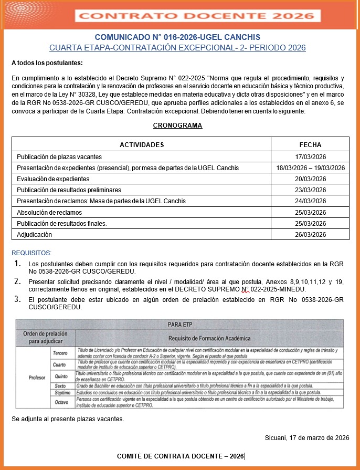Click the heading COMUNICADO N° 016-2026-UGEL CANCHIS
pyautogui.click(x=177, y=37)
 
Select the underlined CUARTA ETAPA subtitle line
pyautogui.click(x=177, y=48)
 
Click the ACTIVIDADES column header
pyautogui.click(x=142, y=145)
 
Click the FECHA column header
pyautogui.click(x=310, y=145)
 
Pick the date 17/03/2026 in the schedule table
pyautogui.click(x=310, y=156)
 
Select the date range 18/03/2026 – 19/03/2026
pyautogui.click(x=310, y=168)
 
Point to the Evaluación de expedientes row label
pyautogui.click(x=50, y=179)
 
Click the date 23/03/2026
pyautogui.click(x=310, y=190)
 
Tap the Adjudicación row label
pyautogui.click(x=35, y=234)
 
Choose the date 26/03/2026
pyautogui.click(x=310, y=234)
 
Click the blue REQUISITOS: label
pyautogui.click(x=31, y=253)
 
